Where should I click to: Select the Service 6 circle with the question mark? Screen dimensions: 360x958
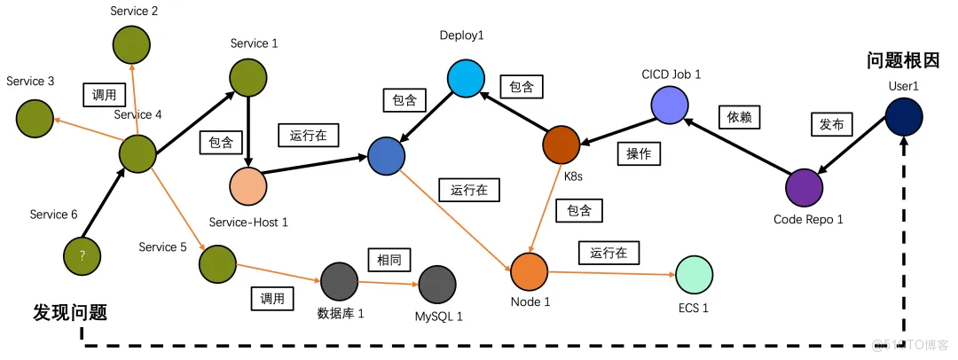(82, 254)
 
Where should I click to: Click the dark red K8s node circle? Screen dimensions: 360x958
(561, 145)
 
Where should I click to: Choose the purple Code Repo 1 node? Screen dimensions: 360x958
(804, 187)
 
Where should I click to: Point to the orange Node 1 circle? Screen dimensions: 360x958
(529, 270)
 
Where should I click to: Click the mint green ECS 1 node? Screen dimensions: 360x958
(694, 276)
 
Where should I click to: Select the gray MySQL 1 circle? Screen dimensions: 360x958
(437, 285)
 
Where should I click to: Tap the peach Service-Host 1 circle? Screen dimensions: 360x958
(247, 185)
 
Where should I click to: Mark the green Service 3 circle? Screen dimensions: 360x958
(33, 115)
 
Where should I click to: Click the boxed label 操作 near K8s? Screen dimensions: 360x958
(639, 154)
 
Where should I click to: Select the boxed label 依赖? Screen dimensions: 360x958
(738, 116)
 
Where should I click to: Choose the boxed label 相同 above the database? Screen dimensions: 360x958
(388, 260)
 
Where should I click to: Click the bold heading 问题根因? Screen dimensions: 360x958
(902, 60)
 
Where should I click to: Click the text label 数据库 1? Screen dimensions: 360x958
(341, 313)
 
